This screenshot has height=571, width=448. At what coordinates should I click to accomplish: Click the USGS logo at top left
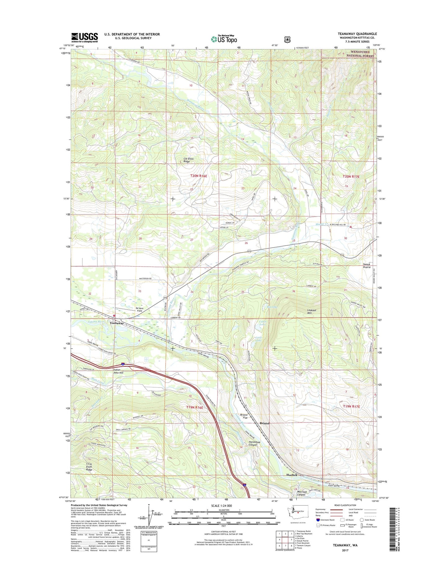[84, 38]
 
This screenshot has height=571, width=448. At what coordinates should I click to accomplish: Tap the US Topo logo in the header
[224, 39]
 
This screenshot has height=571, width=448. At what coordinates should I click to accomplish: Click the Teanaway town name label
[117, 323]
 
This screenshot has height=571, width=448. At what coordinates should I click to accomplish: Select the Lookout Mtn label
[312, 312]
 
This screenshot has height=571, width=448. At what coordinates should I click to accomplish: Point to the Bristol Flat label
[244, 416]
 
